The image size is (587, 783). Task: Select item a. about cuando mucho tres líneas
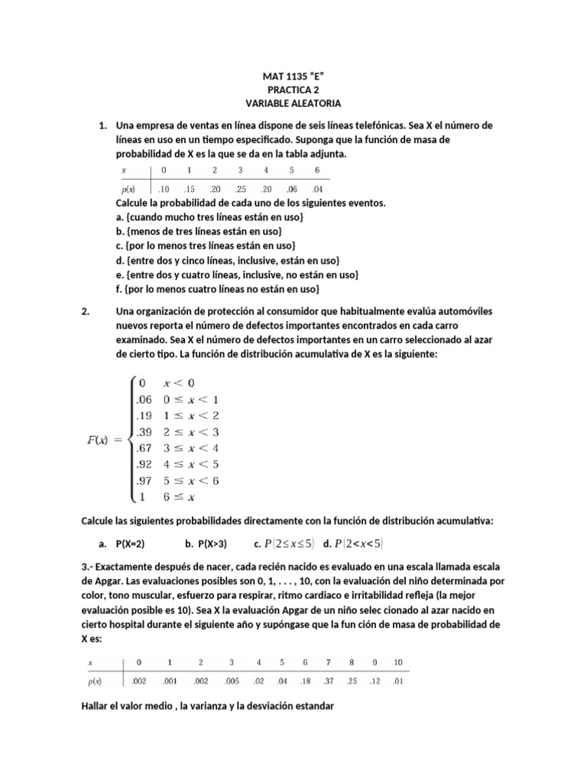[x=209, y=217]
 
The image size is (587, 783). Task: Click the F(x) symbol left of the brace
[x=99, y=439]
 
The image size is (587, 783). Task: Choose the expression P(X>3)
[x=205, y=544]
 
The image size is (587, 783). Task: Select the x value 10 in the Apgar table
[x=397, y=661]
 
